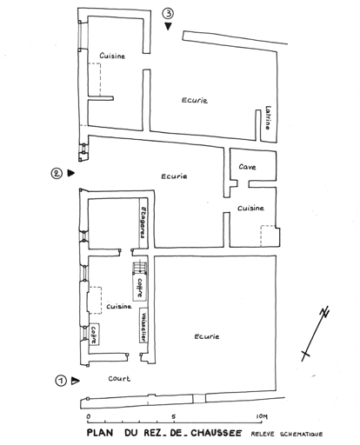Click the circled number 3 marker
(x=168, y=14)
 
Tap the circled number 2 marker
(x=57, y=173)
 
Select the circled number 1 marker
(x=61, y=381)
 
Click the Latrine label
(x=268, y=117)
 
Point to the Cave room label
(x=247, y=167)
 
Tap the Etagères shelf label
(x=143, y=222)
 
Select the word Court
(x=119, y=378)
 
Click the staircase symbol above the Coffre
(x=140, y=268)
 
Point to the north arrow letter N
(x=324, y=313)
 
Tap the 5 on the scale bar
(x=174, y=416)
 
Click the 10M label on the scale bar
(x=262, y=416)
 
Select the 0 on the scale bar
(x=89, y=416)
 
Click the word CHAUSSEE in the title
(x=216, y=433)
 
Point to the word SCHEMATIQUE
(x=301, y=434)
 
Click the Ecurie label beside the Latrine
(x=195, y=100)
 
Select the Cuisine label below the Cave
(x=250, y=208)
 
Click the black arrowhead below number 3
(x=168, y=26)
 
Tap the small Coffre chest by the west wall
(x=94, y=335)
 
